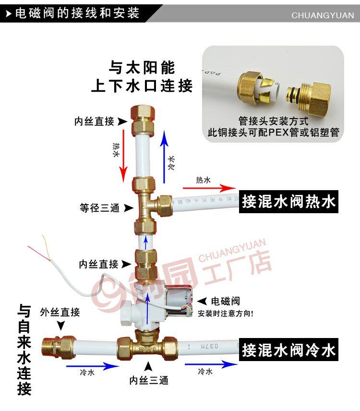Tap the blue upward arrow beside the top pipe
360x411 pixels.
(164, 154)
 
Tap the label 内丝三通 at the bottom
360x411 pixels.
(149, 381)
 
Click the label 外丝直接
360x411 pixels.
(60, 312)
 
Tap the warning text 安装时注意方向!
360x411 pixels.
(226, 314)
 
